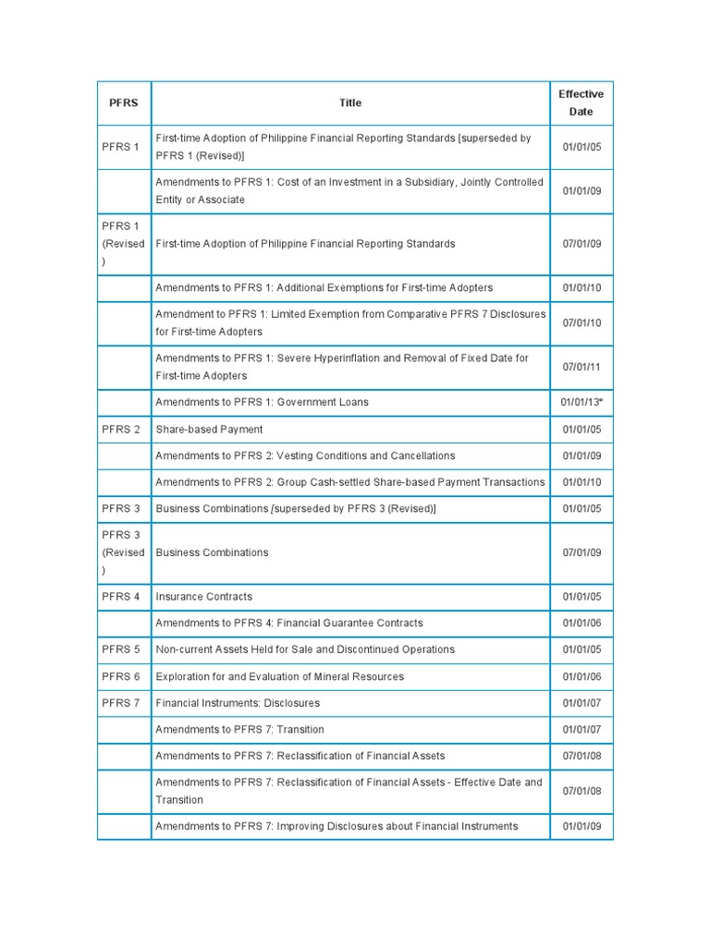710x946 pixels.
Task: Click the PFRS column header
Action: point(124,103)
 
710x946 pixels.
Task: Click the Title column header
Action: point(350,103)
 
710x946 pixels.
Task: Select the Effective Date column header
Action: point(581,103)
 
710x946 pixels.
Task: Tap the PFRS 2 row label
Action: point(121,430)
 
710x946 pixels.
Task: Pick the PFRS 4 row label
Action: point(121,597)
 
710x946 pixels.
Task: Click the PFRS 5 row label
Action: point(121,649)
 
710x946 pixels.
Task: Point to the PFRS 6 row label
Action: point(121,676)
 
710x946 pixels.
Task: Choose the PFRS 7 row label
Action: point(121,703)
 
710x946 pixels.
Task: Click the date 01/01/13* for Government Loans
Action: point(581,403)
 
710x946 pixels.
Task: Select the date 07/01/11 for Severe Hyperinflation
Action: point(581,367)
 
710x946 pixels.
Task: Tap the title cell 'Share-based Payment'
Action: point(209,430)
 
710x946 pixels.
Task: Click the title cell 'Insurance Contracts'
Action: point(203,597)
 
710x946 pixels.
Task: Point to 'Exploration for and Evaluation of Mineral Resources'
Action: point(279,676)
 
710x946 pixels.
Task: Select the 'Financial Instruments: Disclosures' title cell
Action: point(238,703)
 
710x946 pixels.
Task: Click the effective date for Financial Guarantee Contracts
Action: point(581,624)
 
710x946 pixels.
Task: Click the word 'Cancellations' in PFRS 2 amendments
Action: point(422,456)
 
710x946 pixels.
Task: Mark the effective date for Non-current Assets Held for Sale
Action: point(581,649)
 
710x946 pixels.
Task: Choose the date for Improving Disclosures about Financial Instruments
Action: point(581,827)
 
